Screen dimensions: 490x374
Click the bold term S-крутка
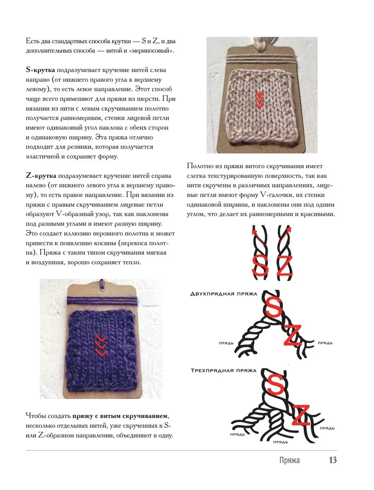click(x=41, y=70)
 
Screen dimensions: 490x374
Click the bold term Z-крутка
click(x=41, y=175)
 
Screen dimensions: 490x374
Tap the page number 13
click(x=332, y=460)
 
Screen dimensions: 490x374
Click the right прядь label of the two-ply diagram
click(x=326, y=343)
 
